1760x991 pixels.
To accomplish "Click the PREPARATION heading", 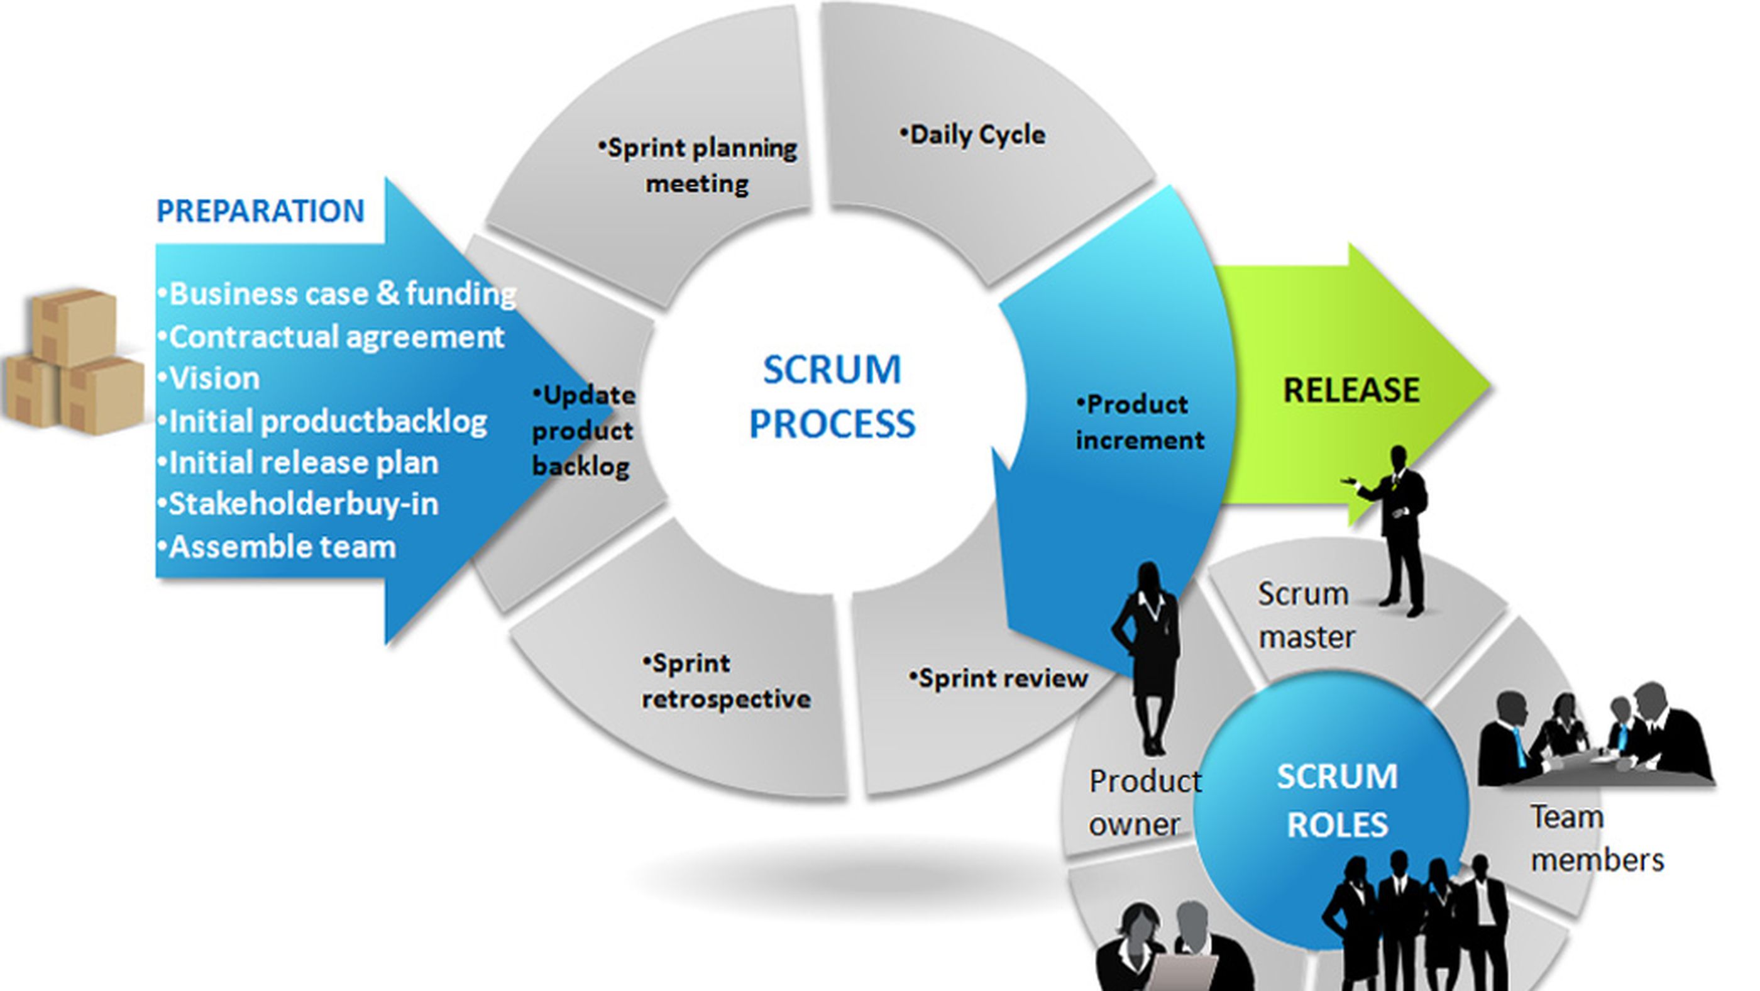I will [260, 211].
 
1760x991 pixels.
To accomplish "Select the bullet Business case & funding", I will [337, 294].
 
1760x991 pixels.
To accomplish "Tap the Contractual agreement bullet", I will [331, 337].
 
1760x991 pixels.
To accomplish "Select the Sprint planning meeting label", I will [698, 166].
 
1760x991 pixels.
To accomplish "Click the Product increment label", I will [1139, 423].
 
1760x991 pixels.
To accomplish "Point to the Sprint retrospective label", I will [725, 682].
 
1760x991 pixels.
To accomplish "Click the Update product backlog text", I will [583, 431].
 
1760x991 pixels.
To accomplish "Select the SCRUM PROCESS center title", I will [832, 396].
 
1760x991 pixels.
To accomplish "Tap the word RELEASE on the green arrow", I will [1351, 390].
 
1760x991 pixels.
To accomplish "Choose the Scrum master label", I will [1305, 615].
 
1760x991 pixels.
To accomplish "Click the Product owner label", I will [1143, 802].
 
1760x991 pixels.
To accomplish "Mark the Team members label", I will [1595, 838].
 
